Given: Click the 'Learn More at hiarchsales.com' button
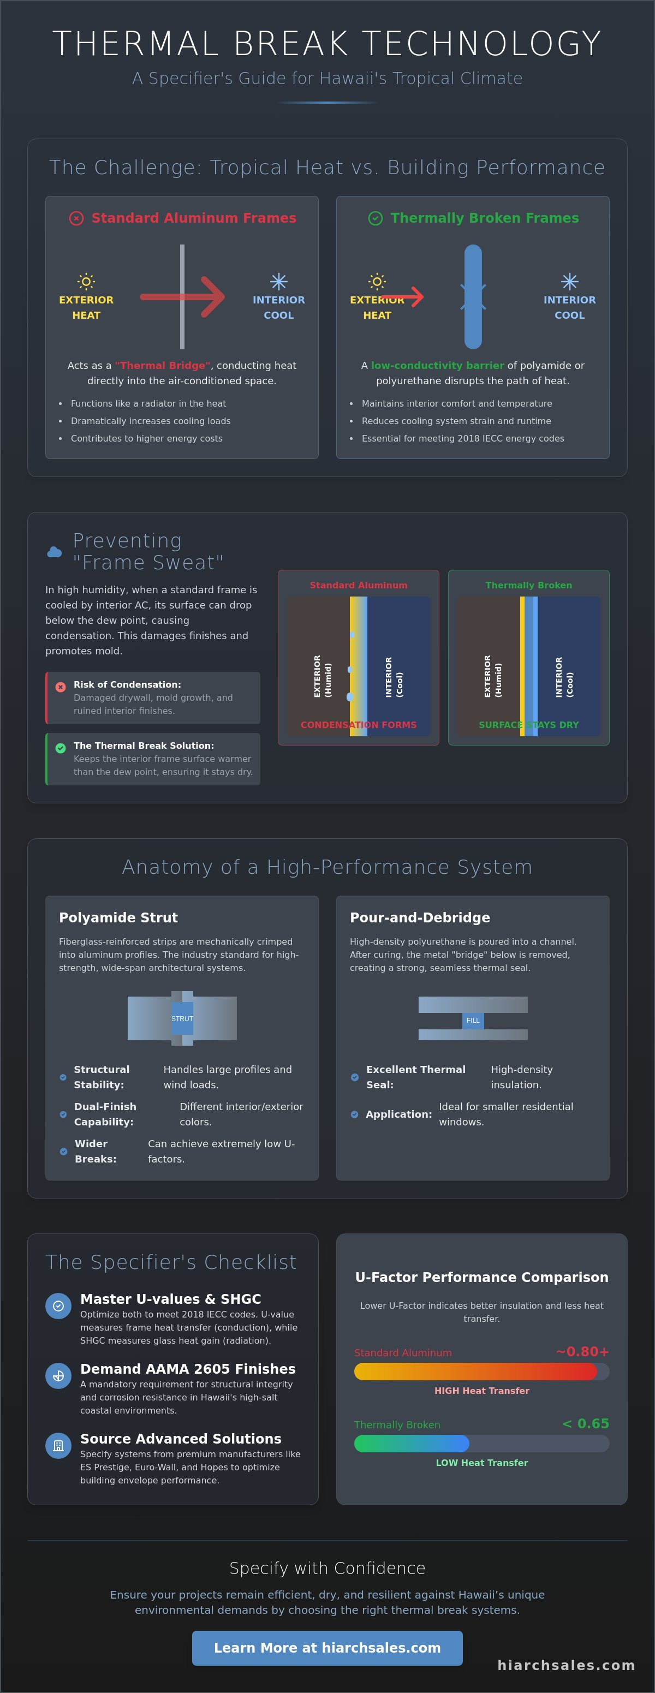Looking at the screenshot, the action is click(327, 1648).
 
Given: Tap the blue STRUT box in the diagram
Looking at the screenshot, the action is click(182, 1018).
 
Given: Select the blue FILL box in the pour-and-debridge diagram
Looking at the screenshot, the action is click(473, 1020).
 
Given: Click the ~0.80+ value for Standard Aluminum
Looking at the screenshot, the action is click(582, 1351).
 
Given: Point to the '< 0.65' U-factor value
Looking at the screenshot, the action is click(585, 1423).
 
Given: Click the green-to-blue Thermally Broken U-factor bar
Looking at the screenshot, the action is click(412, 1443).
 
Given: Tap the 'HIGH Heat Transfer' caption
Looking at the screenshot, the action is click(481, 1391).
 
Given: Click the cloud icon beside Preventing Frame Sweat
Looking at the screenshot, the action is click(55, 552).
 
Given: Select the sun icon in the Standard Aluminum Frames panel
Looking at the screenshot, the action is click(86, 281).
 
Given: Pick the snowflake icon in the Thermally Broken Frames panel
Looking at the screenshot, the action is click(570, 281).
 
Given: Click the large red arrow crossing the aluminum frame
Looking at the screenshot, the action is click(182, 297).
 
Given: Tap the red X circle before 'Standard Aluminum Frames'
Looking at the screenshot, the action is click(77, 218).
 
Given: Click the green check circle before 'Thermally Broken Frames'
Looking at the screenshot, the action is click(375, 218).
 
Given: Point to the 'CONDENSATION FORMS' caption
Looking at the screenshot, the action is click(359, 724).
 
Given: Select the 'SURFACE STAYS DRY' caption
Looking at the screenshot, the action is click(529, 724).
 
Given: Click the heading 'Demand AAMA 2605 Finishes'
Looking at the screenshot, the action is click(188, 1368).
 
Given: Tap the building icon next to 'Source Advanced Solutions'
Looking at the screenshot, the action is click(58, 1446).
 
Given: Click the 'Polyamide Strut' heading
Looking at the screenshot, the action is click(118, 917).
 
